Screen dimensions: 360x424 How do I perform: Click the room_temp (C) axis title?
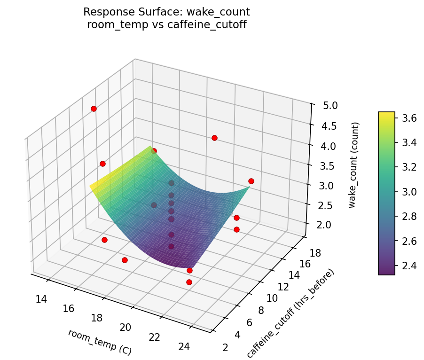coord(99,342)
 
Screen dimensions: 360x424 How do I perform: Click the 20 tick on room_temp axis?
coord(126,327)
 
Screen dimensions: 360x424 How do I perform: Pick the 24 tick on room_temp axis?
coord(184,346)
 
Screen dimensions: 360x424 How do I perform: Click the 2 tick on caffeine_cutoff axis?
coord(226,347)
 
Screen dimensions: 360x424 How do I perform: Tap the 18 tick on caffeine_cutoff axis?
coord(316,253)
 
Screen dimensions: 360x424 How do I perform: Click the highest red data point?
coord(94,109)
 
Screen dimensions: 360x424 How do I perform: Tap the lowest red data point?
coord(189,282)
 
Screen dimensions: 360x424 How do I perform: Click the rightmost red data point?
coord(251,181)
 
